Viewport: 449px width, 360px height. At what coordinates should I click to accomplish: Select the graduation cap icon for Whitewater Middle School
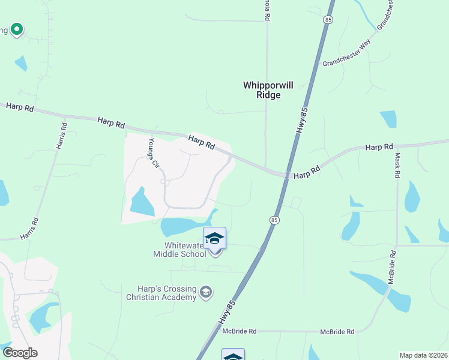214,239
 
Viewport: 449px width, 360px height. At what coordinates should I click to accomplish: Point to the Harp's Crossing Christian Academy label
161,292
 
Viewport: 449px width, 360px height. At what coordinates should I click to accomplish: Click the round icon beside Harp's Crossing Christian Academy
206,292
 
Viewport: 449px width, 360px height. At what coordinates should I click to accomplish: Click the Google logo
20,353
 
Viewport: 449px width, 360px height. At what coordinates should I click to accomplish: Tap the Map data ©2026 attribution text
423,355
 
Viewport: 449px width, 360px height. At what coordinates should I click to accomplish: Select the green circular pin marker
17,29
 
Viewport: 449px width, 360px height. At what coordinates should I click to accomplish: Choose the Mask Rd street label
397,164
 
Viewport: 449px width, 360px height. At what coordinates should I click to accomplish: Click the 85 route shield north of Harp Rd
328,20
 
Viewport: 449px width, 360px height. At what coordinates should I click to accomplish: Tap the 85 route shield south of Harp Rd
274,220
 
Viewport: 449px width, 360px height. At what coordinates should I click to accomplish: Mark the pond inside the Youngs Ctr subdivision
140,203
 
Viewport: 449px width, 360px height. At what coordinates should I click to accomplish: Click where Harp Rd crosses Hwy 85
286,175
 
